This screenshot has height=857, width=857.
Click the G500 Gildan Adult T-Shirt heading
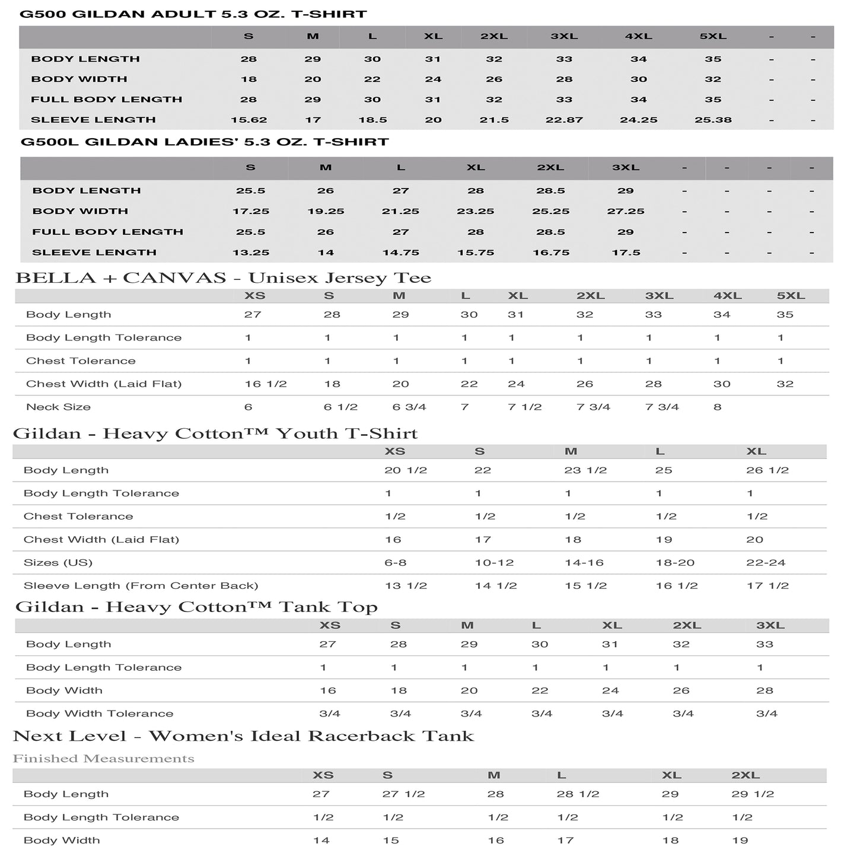[x=193, y=14]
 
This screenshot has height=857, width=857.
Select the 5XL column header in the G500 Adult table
[x=713, y=36]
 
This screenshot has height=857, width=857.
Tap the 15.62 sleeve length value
[x=249, y=120]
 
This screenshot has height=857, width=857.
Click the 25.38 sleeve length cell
[x=713, y=120]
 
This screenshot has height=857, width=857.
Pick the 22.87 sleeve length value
[x=564, y=120]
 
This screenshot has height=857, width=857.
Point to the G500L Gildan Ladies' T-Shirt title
[x=205, y=142]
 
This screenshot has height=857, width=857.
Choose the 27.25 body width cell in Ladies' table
[x=626, y=211]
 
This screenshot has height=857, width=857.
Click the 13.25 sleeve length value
[x=251, y=253]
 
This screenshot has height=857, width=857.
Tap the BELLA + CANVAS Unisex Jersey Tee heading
[x=223, y=278]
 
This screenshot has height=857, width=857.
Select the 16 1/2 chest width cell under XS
[x=266, y=384]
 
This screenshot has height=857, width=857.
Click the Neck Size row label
[x=58, y=407]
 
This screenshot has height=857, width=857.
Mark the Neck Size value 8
[x=717, y=407]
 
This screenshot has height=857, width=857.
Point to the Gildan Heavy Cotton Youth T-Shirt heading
[x=215, y=434]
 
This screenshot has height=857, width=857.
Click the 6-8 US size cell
[x=395, y=562]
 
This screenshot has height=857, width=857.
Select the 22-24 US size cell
[x=766, y=562]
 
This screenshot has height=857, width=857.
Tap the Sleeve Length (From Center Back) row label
[x=141, y=585]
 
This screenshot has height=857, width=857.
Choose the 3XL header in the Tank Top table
[x=770, y=625]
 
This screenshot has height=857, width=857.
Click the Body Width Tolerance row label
[x=100, y=713]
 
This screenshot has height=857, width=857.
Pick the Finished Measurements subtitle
[x=104, y=759]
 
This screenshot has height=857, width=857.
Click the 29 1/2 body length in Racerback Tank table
[x=753, y=794]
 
